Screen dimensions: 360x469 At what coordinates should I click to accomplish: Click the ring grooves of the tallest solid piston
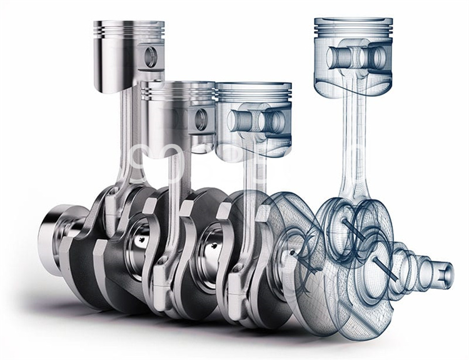coord(129,29)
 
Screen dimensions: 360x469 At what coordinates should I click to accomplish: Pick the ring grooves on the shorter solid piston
coord(178,92)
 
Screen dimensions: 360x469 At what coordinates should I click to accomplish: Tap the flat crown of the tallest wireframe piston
coord(353,21)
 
